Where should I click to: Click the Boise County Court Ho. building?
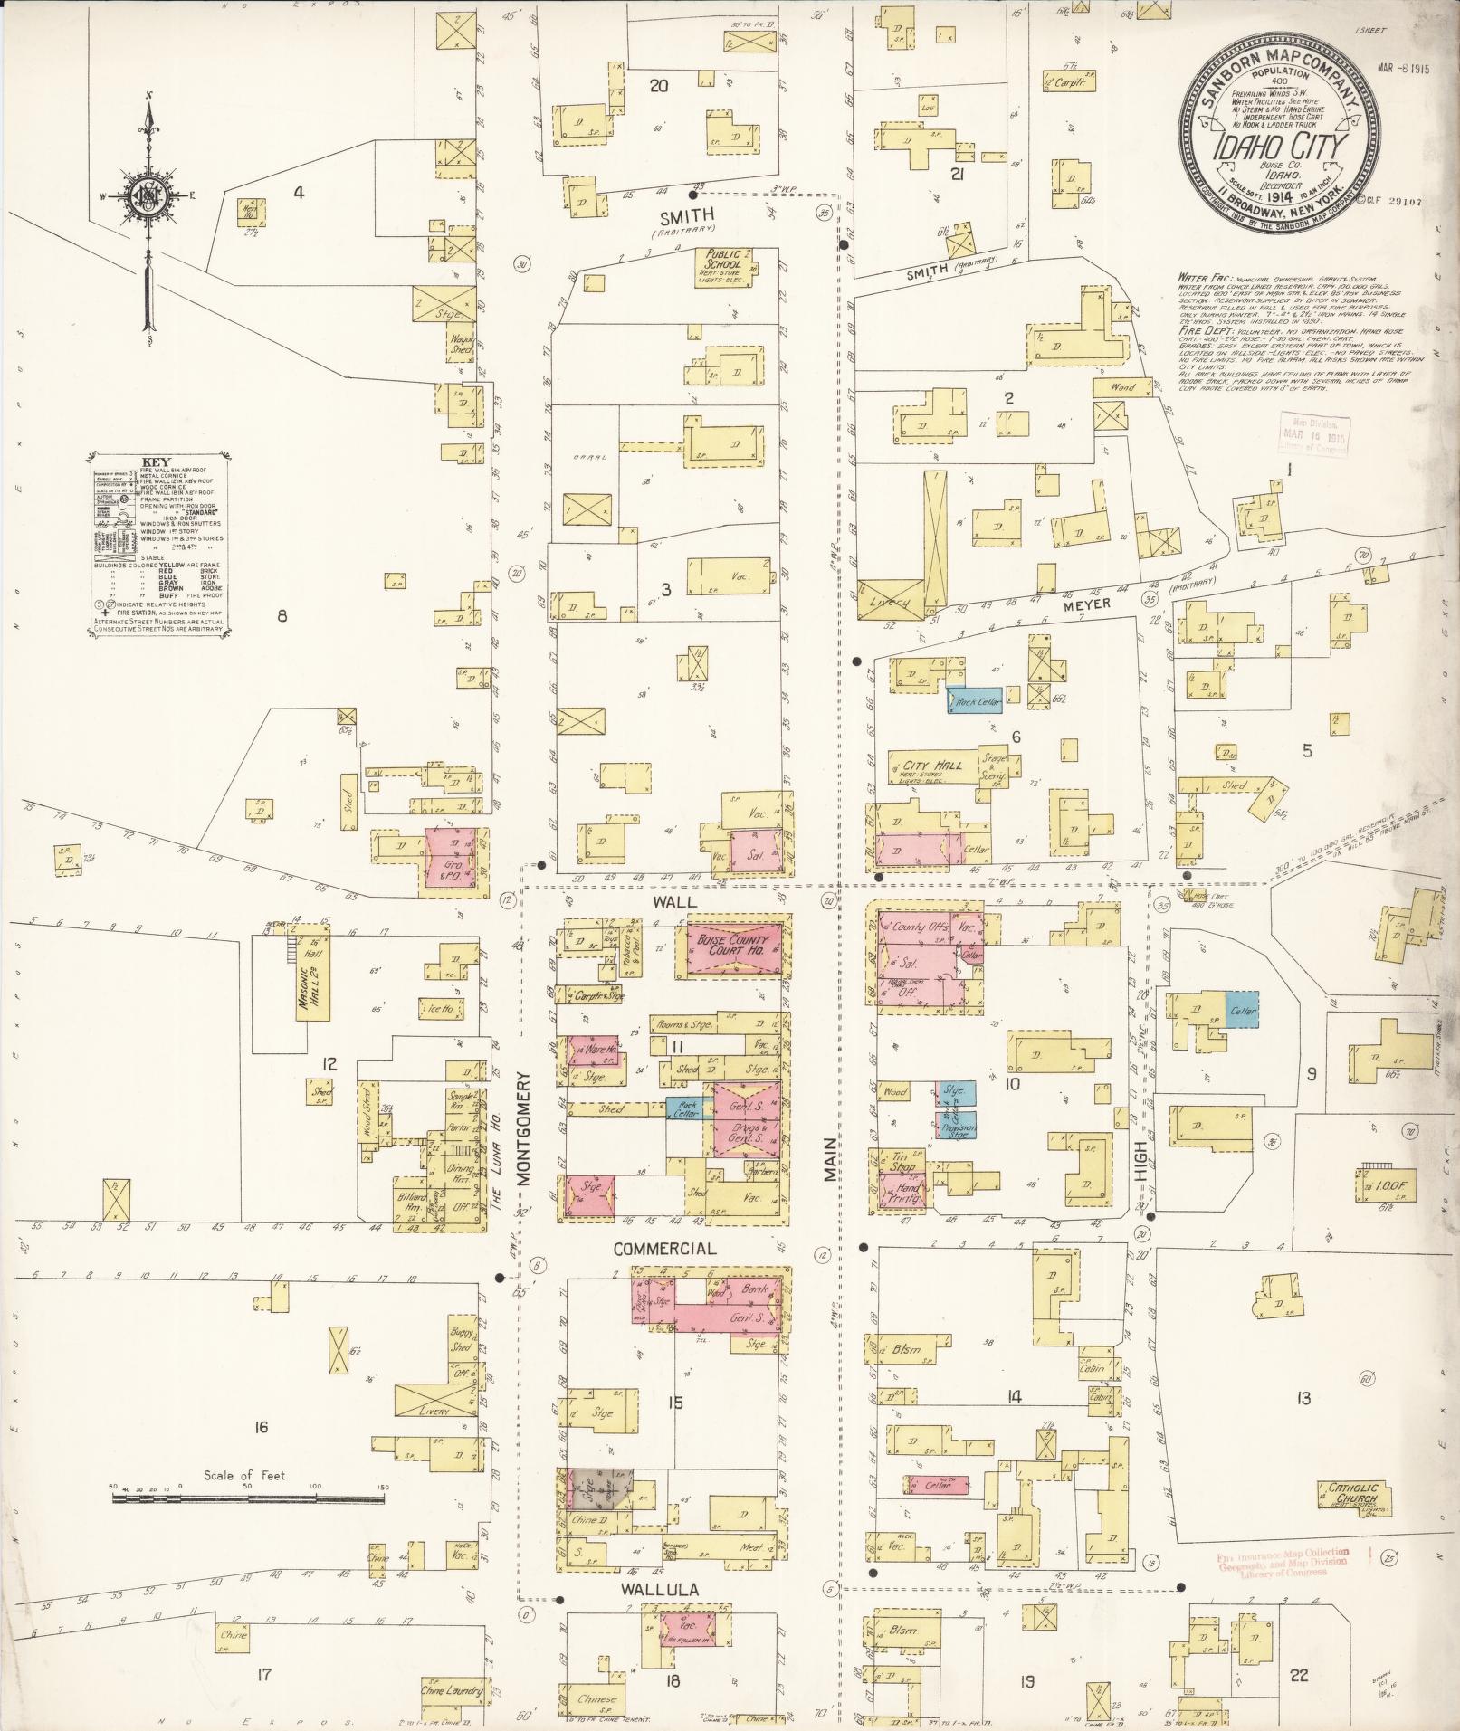[733, 948]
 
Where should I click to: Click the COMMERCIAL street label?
[664, 1248]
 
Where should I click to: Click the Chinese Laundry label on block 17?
[449, 1689]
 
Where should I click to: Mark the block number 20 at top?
[658, 86]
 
